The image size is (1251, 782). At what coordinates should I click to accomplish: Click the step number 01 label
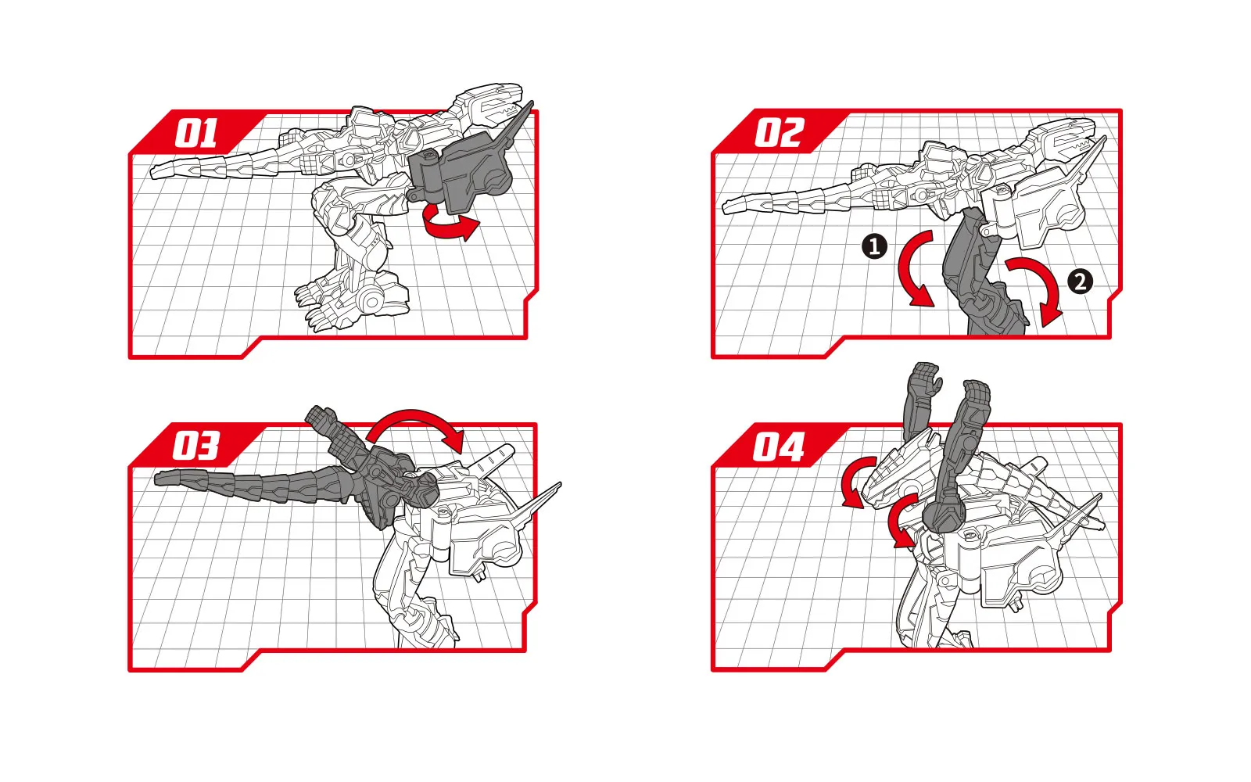pyautogui.click(x=196, y=134)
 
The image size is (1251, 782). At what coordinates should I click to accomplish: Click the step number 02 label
pyautogui.click(x=780, y=133)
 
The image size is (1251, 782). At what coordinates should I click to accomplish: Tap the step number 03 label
pyautogui.click(x=196, y=446)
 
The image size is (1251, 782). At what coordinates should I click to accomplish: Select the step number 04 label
pyautogui.click(x=779, y=447)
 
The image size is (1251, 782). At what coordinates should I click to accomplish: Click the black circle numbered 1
pyautogui.click(x=875, y=246)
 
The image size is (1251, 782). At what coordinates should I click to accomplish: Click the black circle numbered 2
pyautogui.click(x=1080, y=282)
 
